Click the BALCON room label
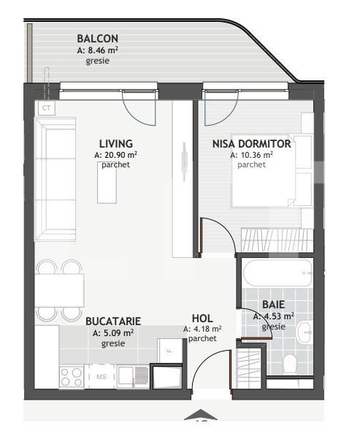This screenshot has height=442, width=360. click(97, 39)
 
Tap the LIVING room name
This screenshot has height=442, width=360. click(116, 144)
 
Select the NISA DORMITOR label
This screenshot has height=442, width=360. click(251, 144)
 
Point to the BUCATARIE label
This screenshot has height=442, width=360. click(113, 321)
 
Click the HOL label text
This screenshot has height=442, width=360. click(202, 319)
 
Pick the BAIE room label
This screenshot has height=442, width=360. click(273, 305)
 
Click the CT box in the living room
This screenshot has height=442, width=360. click(47, 108)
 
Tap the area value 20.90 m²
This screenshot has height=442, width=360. click(117, 155)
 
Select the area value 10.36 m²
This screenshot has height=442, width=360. click(252, 155)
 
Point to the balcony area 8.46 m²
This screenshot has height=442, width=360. click(98, 50)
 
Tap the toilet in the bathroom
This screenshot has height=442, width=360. click(290, 362)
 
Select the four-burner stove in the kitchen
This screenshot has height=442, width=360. click(72, 377)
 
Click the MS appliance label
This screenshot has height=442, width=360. click(100, 376)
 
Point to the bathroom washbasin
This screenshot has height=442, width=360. click(305, 332)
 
